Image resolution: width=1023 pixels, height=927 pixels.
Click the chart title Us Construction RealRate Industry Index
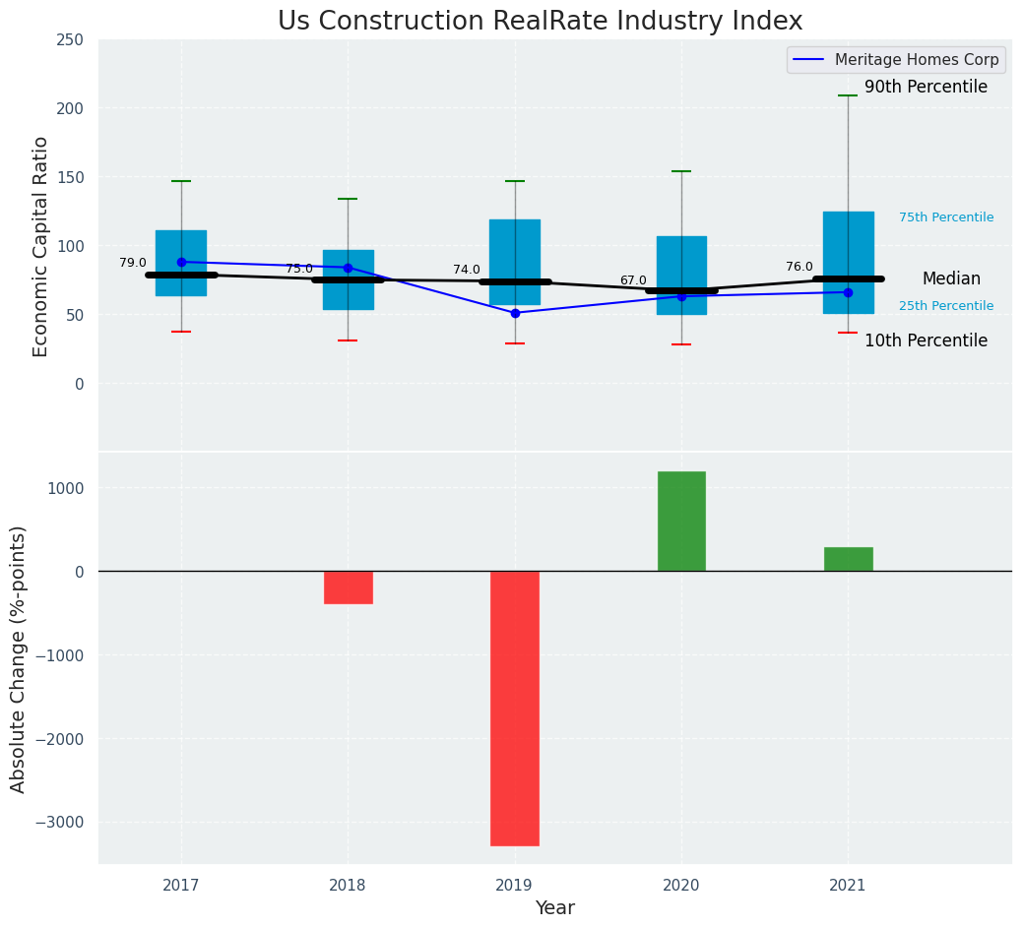tap(540, 22)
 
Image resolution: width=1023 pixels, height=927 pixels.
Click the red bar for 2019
tap(515, 708)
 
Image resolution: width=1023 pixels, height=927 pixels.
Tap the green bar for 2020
tap(681, 522)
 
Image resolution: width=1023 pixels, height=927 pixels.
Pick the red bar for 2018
tap(348, 587)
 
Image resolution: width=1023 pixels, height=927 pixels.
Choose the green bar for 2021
tap(848, 559)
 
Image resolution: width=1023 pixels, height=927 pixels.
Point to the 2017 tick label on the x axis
tap(181, 886)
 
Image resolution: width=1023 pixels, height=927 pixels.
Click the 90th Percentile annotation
tap(926, 88)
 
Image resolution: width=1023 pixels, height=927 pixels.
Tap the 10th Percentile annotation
tap(926, 341)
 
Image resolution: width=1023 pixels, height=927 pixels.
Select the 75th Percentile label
tap(946, 217)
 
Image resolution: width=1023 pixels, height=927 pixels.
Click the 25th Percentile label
tap(946, 306)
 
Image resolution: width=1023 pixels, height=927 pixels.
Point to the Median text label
tap(951, 279)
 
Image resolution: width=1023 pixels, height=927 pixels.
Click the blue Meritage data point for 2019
tap(515, 313)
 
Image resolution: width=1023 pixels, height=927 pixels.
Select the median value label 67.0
tap(633, 280)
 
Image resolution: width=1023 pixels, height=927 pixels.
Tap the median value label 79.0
tap(133, 263)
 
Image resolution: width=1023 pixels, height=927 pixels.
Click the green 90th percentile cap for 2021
tap(848, 95)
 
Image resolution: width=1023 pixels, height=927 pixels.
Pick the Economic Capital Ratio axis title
tap(41, 246)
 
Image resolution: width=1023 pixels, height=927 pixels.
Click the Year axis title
tap(554, 908)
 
